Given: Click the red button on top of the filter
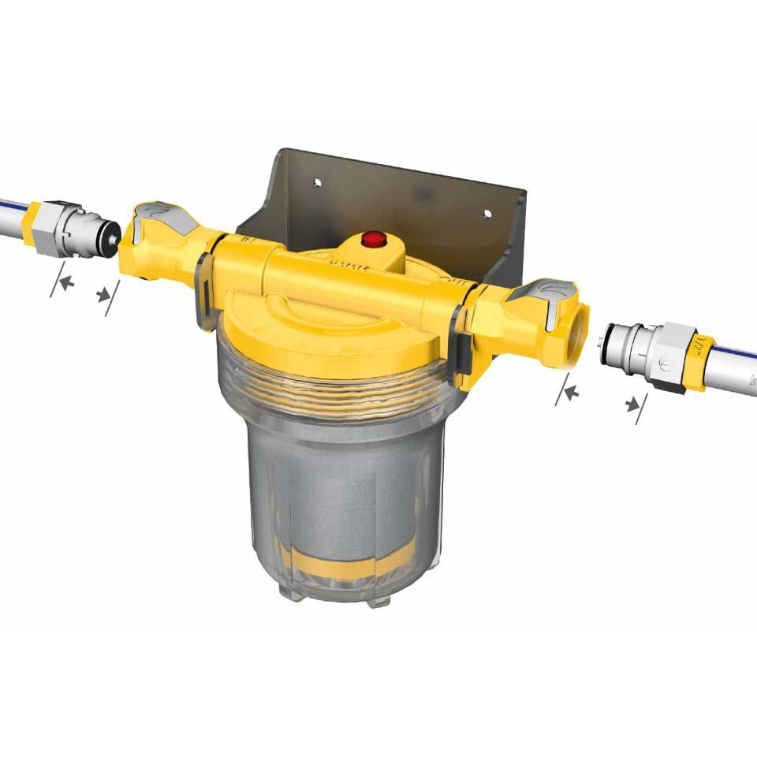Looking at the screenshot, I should [x=372, y=238].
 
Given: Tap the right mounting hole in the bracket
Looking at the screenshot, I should [x=486, y=214].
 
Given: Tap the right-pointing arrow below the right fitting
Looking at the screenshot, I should [x=632, y=405].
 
